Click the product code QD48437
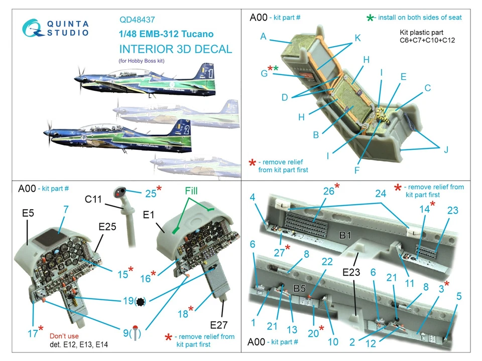[x=137, y=21]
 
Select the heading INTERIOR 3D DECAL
[x=175, y=49]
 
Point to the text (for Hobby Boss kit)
[x=142, y=61]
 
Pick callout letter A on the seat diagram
[x=263, y=36]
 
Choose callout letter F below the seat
[x=357, y=170]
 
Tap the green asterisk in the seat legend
[x=370, y=18]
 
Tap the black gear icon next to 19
[x=142, y=301]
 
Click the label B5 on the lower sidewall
[x=300, y=288]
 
